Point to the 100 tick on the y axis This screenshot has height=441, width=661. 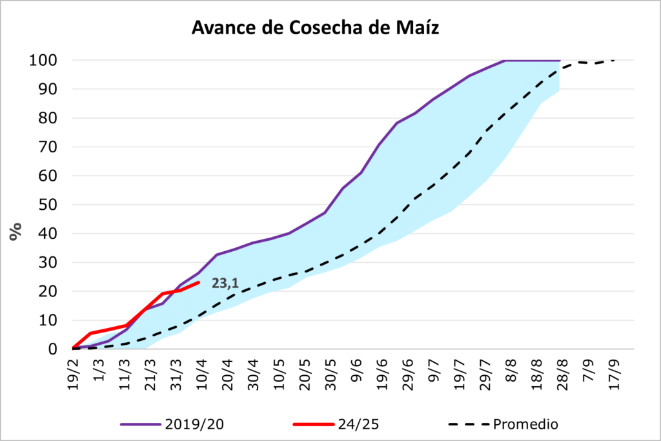click(43, 61)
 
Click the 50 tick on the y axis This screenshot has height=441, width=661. click(47, 205)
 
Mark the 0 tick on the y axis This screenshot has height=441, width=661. click(52, 349)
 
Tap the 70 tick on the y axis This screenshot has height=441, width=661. click(47, 147)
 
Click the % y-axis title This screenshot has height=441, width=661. click(15, 231)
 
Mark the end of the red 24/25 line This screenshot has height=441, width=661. click(199, 282)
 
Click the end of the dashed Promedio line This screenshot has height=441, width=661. click(614, 60)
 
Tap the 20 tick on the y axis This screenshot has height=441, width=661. click(47, 291)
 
